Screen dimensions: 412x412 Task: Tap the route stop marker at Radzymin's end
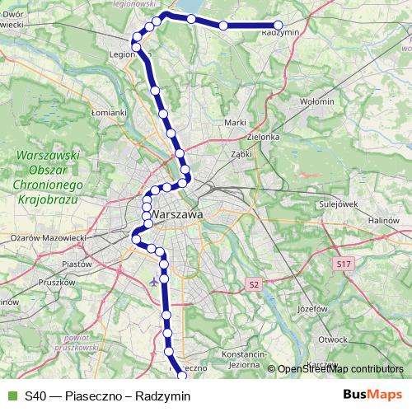[x=278, y=26]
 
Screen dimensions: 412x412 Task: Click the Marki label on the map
[x=236, y=123]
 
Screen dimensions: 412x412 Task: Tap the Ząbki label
[x=241, y=153]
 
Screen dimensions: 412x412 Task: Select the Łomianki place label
[x=108, y=112]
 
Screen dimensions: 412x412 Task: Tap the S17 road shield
[x=344, y=264]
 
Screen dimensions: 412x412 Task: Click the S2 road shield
[x=254, y=284]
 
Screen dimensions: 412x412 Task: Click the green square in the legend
[x=12, y=396]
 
